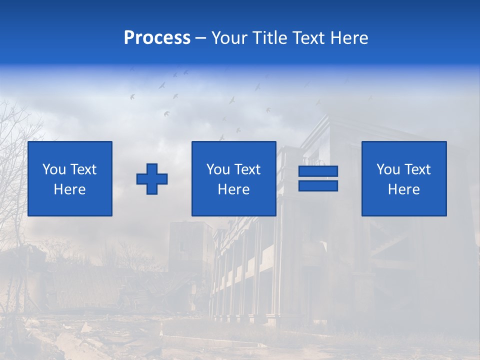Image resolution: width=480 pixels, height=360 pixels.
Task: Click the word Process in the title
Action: pyautogui.click(x=157, y=38)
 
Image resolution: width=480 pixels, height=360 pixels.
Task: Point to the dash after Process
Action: pyautogui.click(x=201, y=38)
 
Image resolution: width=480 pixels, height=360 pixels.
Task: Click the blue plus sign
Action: pyautogui.click(x=152, y=179)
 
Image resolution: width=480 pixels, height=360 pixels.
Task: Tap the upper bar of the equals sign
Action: pyautogui.click(x=318, y=171)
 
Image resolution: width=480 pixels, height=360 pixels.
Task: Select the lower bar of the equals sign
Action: pyautogui.click(x=318, y=186)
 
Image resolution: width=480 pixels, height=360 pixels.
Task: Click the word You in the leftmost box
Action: pyautogui.click(x=54, y=169)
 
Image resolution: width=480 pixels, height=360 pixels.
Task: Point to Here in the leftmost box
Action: pyautogui.click(x=70, y=189)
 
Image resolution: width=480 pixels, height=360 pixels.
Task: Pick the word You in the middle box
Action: pyautogui.click(x=218, y=169)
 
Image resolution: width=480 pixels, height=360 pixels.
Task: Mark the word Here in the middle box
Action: pyautogui.click(x=234, y=189)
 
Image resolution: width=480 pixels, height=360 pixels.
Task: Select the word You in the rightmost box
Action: pyautogui.click(x=388, y=169)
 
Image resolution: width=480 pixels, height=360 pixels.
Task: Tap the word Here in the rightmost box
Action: pyautogui.click(x=404, y=189)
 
